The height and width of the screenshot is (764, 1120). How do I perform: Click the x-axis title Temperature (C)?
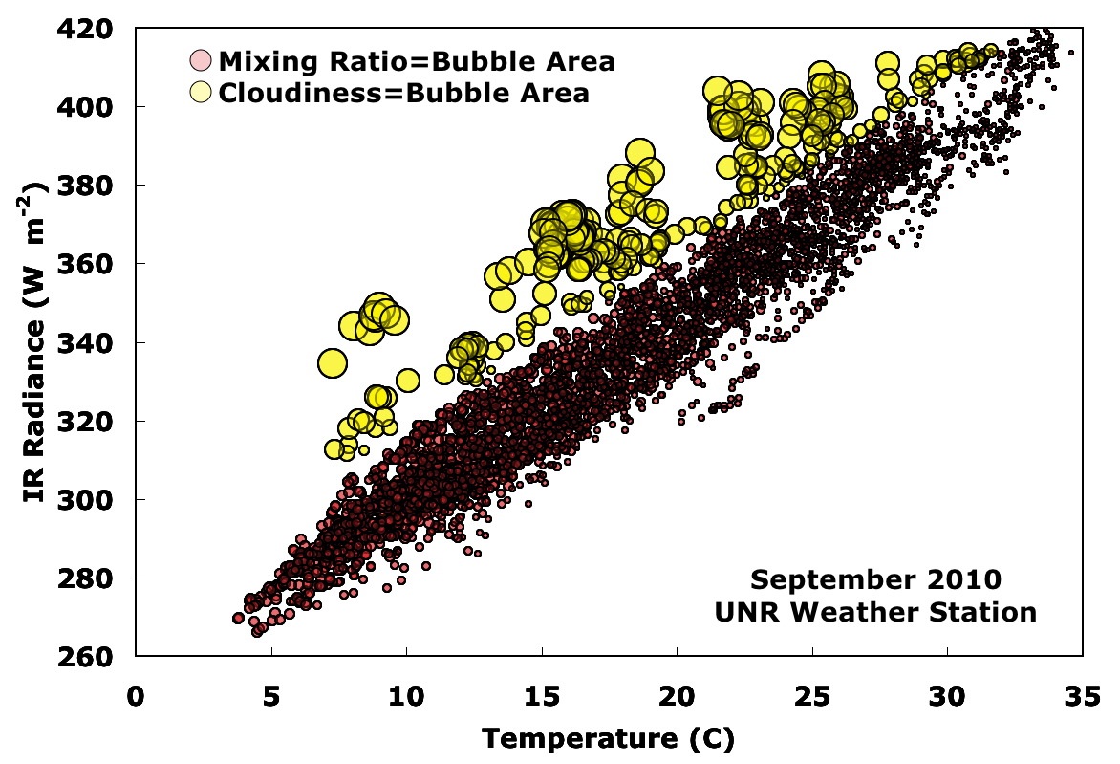(x=608, y=738)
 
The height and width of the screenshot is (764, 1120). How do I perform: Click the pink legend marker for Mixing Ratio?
(x=201, y=62)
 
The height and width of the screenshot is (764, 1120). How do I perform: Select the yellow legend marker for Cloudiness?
(x=201, y=93)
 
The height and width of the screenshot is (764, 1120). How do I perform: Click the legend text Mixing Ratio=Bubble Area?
(x=417, y=62)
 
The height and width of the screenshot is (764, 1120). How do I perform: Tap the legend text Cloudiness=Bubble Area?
(x=403, y=93)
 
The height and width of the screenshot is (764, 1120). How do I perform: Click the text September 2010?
(x=875, y=579)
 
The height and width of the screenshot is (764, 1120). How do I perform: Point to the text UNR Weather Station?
(x=875, y=612)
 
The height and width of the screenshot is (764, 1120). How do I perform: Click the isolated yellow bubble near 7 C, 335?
(x=332, y=363)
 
